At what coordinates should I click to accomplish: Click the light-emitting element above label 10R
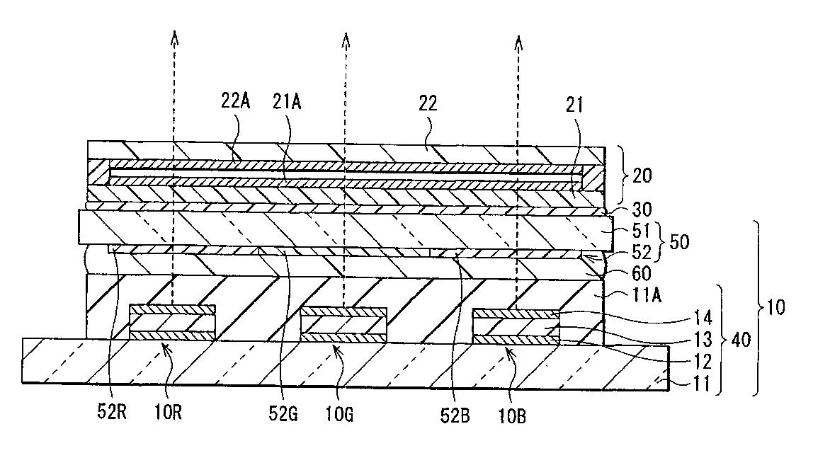(x=172, y=323)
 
